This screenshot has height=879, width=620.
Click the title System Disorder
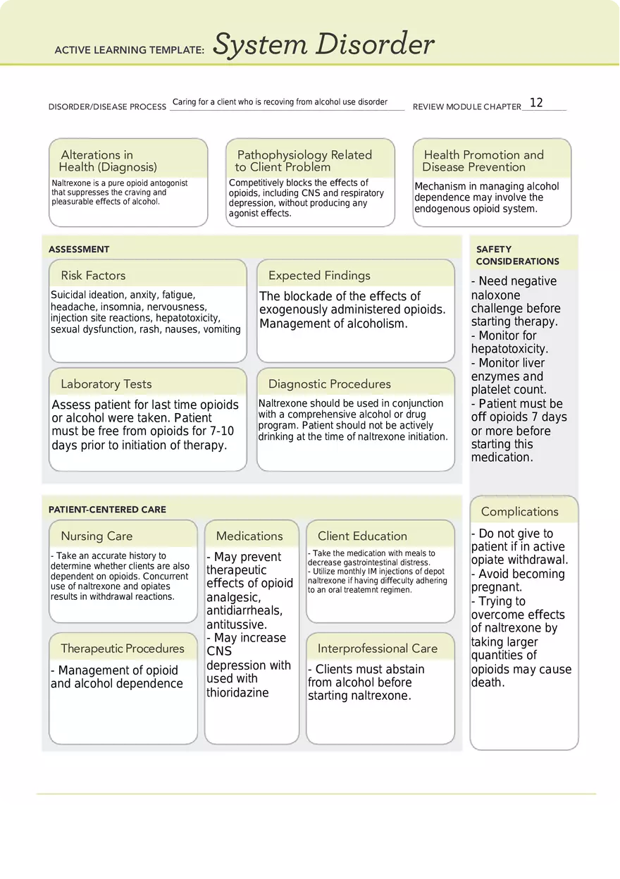click(323, 45)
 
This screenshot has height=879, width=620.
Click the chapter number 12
click(536, 103)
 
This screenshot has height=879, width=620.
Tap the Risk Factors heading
click(93, 276)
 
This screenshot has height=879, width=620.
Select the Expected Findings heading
click(319, 276)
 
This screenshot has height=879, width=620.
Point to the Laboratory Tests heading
click(106, 384)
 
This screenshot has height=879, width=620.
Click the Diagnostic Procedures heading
click(329, 384)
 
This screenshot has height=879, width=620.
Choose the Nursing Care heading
click(97, 536)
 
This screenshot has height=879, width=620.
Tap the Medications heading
click(249, 536)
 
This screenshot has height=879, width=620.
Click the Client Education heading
click(362, 536)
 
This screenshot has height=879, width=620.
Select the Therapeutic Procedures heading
click(123, 649)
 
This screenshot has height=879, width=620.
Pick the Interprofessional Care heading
click(377, 649)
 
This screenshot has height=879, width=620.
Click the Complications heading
click(519, 512)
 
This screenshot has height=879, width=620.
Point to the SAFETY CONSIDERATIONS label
click(517, 255)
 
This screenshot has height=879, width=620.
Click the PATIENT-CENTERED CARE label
click(107, 510)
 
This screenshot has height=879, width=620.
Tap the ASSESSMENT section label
click(79, 250)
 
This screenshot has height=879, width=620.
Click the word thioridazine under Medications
click(237, 693)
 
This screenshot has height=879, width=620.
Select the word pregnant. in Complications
click(497, 587)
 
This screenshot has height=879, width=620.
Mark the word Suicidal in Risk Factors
click(68, 295)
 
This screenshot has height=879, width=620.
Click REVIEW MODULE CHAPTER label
click(466, 107)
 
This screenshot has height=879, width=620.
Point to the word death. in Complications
click(488, 682)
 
